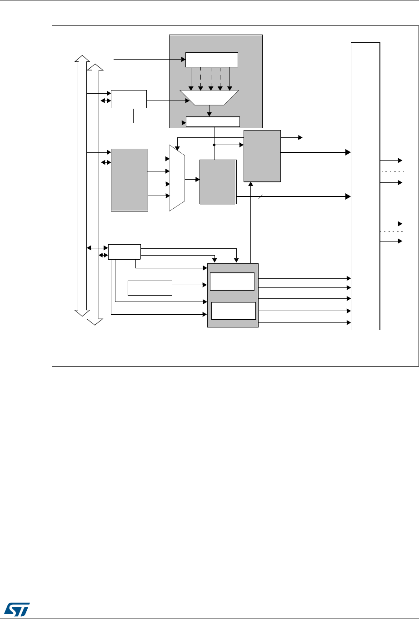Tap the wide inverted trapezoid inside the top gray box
209,97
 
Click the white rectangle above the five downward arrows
212,59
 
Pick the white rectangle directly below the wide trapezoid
213,121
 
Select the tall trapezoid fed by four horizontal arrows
177,178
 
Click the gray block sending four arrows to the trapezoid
130,179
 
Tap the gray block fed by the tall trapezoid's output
218,181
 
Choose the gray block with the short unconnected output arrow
262,156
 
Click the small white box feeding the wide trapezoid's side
129,99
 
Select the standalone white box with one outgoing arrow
150,288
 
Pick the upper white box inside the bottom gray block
232,282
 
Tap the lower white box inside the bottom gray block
234,311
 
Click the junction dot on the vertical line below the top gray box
214,145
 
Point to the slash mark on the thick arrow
261,196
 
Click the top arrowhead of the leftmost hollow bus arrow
82,59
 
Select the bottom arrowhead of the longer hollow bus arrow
95,322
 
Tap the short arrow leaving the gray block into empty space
291,137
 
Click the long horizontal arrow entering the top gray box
150,59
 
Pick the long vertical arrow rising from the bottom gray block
250,223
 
